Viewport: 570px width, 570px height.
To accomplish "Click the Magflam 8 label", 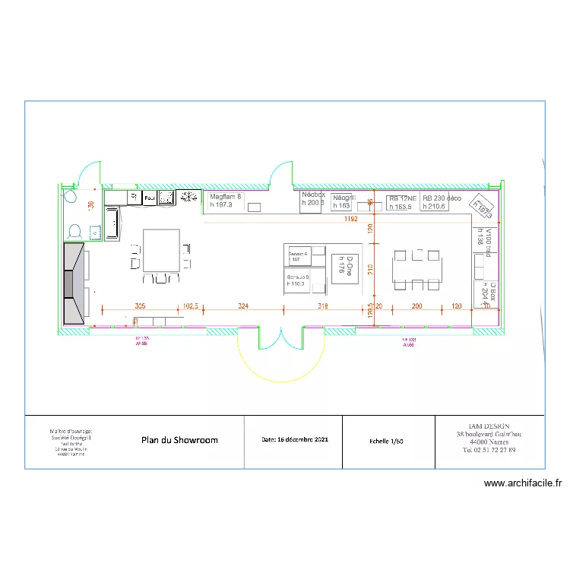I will [x=225, y=197].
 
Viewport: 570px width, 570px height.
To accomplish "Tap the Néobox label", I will [x=313, y=195].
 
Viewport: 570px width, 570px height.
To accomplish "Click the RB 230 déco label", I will [x=442, y=198].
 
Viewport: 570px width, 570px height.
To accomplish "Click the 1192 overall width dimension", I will [x=350, y=220].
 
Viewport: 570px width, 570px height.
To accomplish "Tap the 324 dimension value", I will [x=243, y=306].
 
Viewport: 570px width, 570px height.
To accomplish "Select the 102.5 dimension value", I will [x=191, y=306].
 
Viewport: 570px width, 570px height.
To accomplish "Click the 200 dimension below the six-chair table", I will [x=416, y=306].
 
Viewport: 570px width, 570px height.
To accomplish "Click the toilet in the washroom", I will [x=75, y=230].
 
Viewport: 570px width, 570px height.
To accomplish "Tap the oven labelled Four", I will [x=150, y=198].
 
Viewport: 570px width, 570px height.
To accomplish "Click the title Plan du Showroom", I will [x=179, y=440].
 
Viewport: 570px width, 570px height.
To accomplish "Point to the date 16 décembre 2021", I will [x=296, y=440].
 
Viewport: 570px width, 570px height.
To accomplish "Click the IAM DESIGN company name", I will [x=489, y=427].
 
